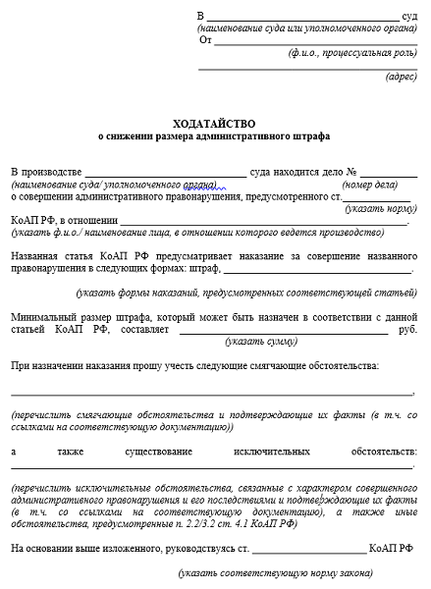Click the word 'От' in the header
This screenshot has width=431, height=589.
(205, 40)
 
